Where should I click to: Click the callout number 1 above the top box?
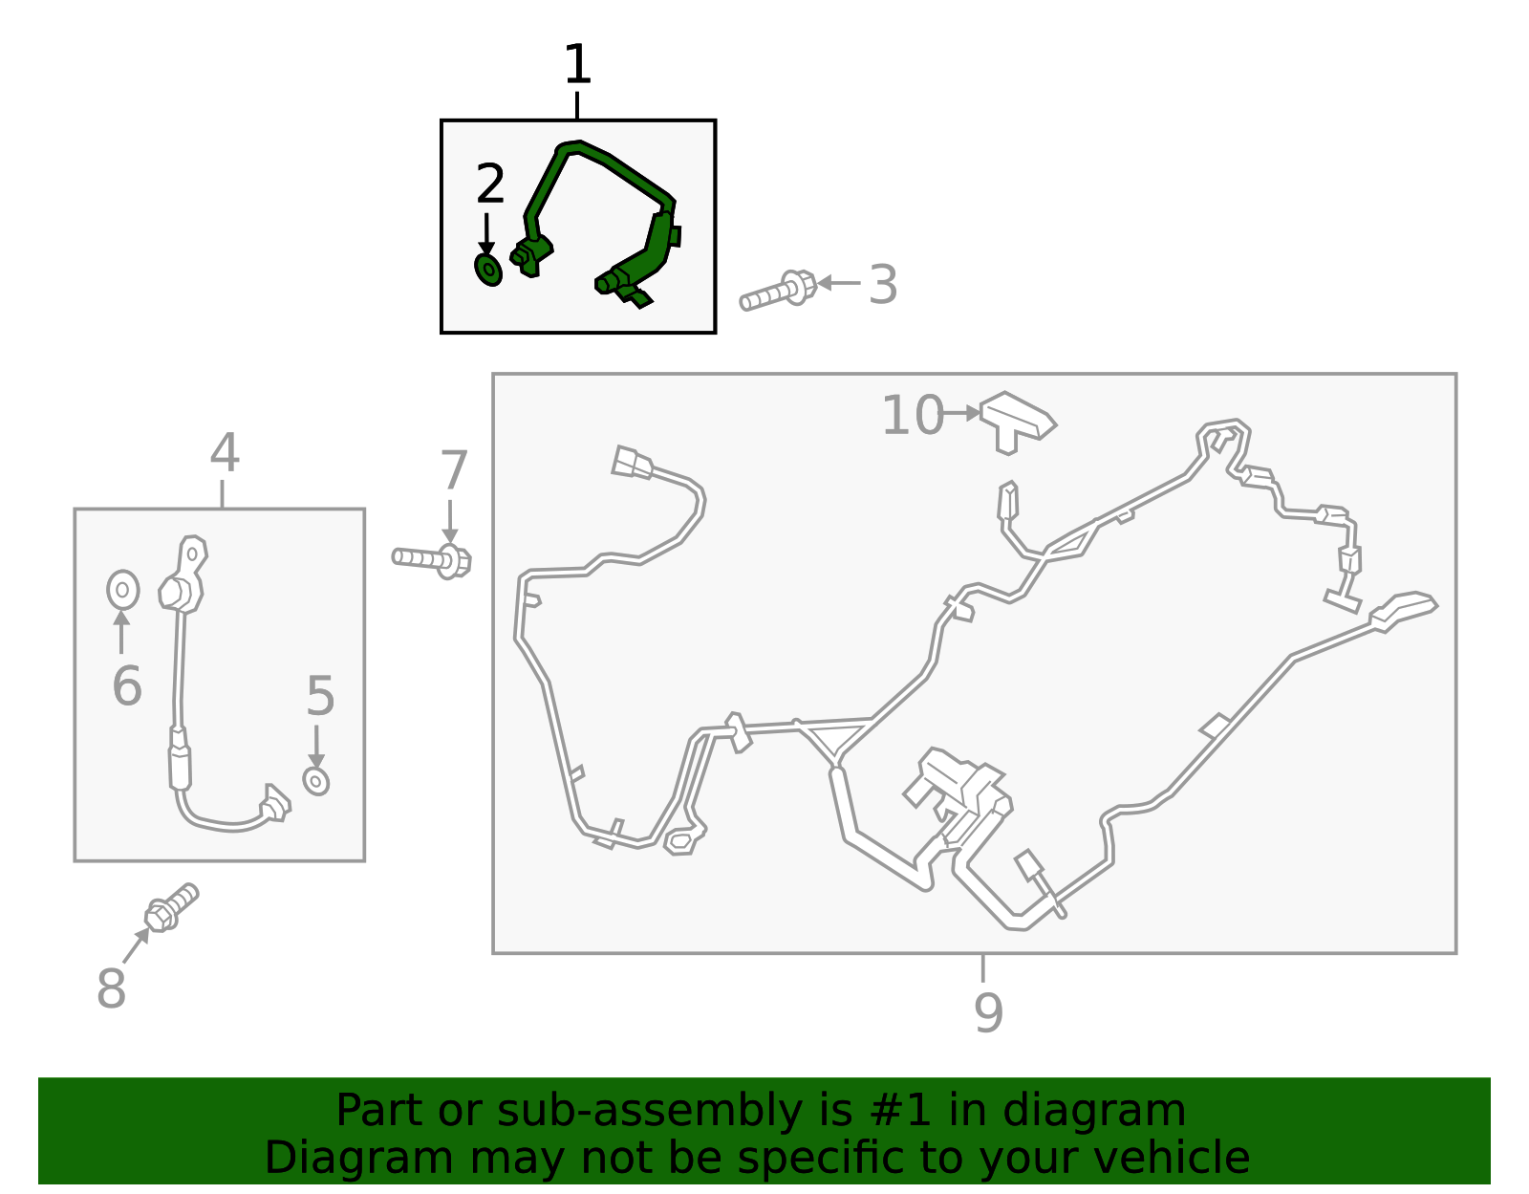(578, 64)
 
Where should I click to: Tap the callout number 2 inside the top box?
(490, 183)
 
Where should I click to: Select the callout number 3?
(883, 284)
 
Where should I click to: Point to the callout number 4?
(225, 452)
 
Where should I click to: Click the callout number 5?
(320, 695)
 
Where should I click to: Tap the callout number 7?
(453, 470)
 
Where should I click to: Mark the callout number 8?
(111, 988)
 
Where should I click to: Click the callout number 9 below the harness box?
(989, 1012)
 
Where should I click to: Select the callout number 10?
(913, 415)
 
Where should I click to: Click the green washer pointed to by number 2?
(488, 270)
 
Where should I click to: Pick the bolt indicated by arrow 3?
(778, 291)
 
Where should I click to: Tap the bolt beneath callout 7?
(431, 560)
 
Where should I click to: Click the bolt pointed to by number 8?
(171, 907)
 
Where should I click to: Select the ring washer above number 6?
(123, 590)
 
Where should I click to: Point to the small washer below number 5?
(316, 781)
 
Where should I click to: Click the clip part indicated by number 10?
(1018, 423)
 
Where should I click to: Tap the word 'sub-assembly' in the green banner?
(648, 1110)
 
